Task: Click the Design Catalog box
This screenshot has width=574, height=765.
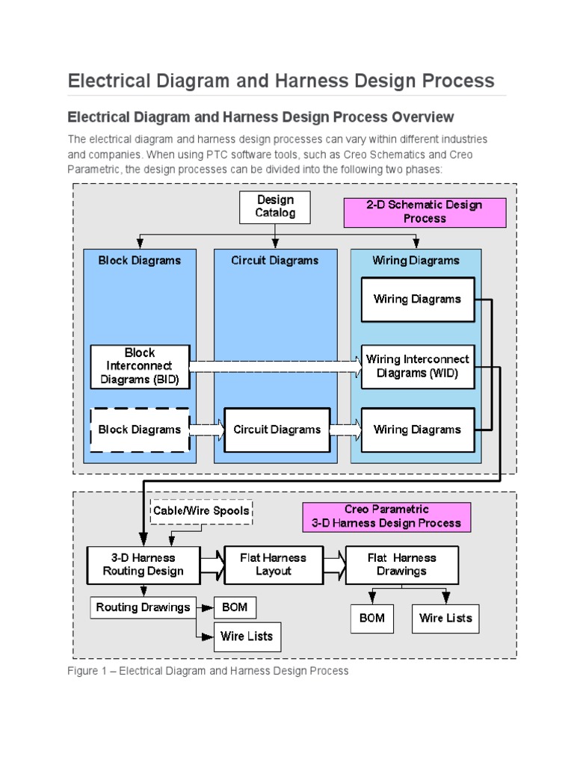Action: point(275,207)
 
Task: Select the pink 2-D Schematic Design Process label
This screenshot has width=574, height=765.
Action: point(425,212)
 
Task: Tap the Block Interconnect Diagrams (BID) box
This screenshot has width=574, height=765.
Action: point(140,366)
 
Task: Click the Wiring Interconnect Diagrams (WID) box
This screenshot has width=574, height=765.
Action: point(418,366)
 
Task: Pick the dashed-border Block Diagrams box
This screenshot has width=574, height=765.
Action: point(140,430)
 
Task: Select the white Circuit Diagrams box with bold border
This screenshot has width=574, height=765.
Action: point(277,430)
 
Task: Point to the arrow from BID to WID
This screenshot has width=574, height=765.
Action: point(274,366)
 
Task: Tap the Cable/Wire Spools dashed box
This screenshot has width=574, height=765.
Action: point(202,512)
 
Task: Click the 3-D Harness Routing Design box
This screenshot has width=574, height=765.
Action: point(143,565)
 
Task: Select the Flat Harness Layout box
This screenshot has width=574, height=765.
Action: point(274,565)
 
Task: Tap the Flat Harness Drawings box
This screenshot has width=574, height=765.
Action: point(401,565)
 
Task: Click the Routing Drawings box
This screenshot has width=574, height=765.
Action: point(143,607)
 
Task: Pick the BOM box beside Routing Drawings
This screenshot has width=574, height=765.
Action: point(235,607)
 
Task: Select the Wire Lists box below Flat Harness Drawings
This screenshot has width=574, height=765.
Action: point(445,618)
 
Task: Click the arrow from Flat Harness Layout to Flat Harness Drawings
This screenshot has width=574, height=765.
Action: point(334,565)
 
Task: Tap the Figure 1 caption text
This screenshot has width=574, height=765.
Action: point(208,671)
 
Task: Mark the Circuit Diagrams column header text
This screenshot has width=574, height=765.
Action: point(274,261)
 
